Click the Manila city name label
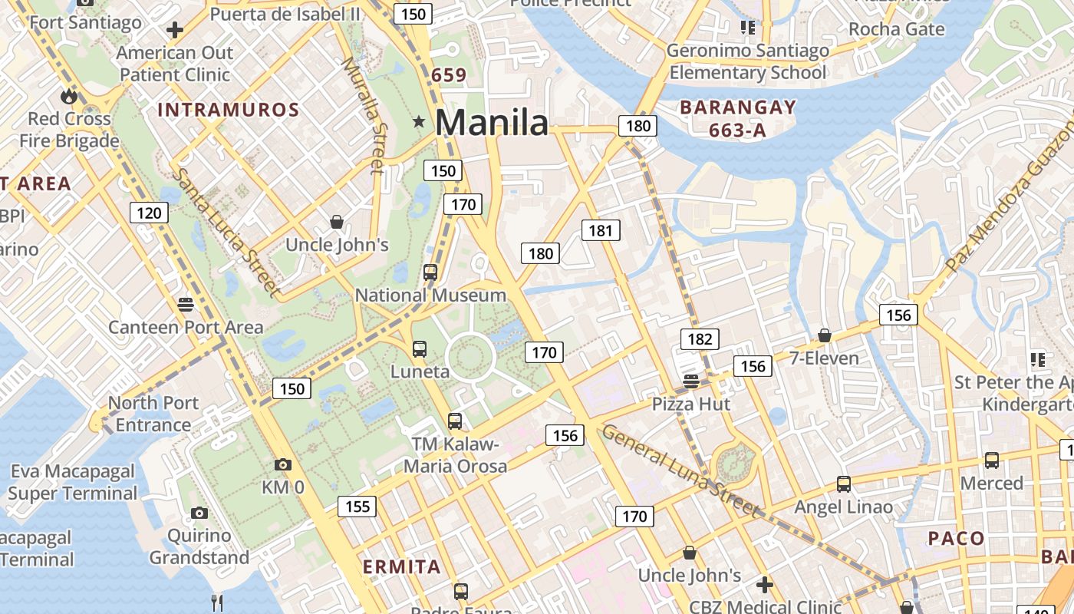[492, 122]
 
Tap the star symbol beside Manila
[419, 121]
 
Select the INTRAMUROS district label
[228, 110]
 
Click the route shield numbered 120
[148, 213]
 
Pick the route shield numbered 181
[600, 229]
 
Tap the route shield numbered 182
[700, 338]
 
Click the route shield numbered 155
[357, 506]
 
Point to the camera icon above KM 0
[283, 464]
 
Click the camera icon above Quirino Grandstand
[199, 513]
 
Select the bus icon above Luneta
[420, 349]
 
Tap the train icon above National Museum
[430, 272]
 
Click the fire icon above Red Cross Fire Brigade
[69, 96]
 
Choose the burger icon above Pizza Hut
[690, 381]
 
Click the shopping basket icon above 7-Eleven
[825, 335]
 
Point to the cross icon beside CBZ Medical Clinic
[764, 585]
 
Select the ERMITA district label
[401, 567]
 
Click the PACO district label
[956, 538]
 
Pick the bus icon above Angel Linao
[844, 484]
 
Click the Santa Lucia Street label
[224, 233]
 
